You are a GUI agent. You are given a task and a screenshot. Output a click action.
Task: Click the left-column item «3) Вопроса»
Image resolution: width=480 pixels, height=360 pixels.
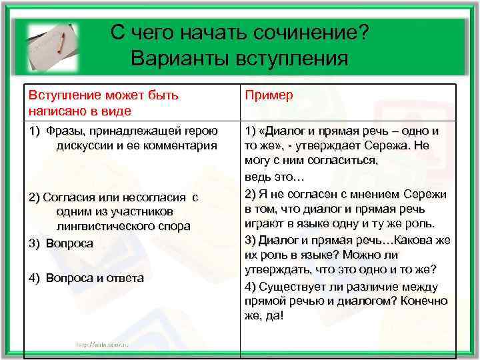coord(61,244)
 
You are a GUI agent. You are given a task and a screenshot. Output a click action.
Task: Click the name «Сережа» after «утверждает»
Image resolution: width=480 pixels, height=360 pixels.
coord(383,145)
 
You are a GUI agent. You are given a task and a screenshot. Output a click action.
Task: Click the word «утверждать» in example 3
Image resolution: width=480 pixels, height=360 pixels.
coord(278,269)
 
